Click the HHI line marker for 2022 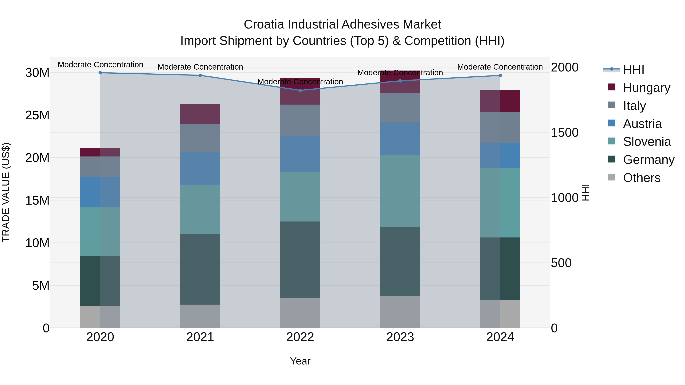(x=300, y=90)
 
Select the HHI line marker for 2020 (x=100, y=73)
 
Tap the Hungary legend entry (x=646, y=88)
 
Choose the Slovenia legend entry (x=647, y=142)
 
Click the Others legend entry (x=641, y=178)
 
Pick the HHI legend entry (x=633, y=70)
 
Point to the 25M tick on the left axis (x=37, y=115)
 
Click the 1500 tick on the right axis (x=565, y=133)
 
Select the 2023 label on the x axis (x=400, y=337)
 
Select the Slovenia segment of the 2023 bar (x=400, y=191)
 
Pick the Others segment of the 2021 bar (x=200, y=316)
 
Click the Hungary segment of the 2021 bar (x=200, y=114)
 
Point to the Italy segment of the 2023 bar (x=400, y=108)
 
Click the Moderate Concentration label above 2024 (x=500, y=67)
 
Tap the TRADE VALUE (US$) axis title (x=6, y=192)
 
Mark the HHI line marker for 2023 (x=400, y=81)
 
